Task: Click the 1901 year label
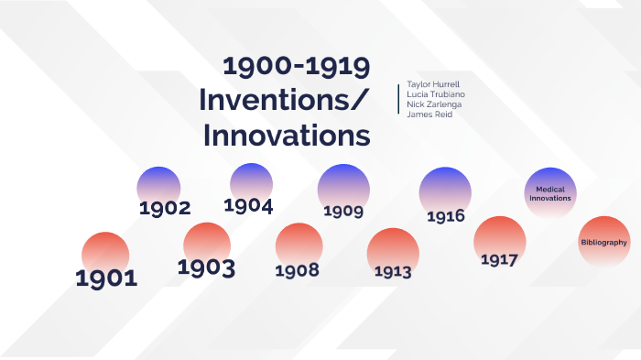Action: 106,278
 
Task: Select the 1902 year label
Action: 165,208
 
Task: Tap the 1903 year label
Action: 206,268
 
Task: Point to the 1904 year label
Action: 248,205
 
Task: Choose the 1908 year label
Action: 297,270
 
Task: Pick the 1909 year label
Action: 343,212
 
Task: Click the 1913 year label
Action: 393,271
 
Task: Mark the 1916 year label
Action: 446,217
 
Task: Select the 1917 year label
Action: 499,259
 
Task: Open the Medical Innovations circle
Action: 552,193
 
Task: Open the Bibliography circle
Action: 604,243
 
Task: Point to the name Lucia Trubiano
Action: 436,94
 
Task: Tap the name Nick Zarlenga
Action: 435,104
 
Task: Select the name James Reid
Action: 429,115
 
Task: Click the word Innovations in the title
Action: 287,135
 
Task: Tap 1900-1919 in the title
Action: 297,67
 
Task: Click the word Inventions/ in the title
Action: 285,100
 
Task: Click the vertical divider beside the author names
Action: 399,99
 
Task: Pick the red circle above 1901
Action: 105,252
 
